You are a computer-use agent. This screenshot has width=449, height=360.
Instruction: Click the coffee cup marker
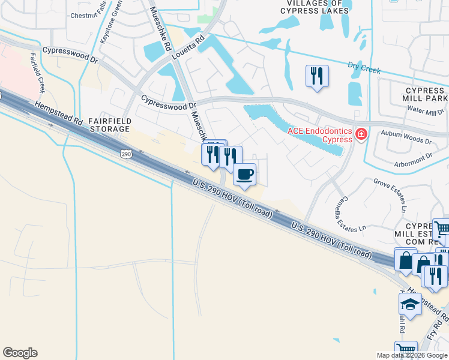click(x=244, y=175)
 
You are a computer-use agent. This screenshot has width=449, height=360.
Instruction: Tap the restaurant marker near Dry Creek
click(x=317, y=76)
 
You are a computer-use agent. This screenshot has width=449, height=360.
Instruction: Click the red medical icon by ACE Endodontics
click(x=361, y=133)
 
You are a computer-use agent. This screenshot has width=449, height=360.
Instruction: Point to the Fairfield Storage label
click(x=109, y=125)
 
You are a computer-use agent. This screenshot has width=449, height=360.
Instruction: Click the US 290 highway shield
click(x=125, y=154)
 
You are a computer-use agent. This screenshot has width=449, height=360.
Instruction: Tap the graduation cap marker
click(x=410, y=304)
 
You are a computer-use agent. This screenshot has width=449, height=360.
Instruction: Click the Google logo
click(x=20, y=353)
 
